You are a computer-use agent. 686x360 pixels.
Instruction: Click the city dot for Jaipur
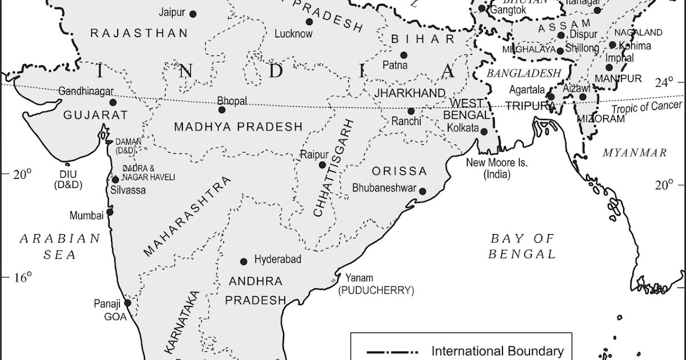coord(193,14)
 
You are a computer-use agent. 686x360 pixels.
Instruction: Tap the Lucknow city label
coord(293,34)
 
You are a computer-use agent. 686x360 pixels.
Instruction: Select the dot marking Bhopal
coord(222,110)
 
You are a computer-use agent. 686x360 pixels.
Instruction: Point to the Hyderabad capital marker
coord(244,261)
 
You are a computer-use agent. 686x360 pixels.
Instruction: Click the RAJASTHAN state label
coord(139,33)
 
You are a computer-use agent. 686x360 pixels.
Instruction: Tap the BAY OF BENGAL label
coord(522,246)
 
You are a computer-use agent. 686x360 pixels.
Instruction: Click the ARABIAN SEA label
coord(59,246)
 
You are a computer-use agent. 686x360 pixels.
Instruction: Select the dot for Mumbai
coord(110,211)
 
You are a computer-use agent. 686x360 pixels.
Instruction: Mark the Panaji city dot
coord(127,303)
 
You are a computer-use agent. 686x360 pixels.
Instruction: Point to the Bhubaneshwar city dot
coord(422,191)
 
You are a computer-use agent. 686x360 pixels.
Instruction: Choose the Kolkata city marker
coord(484,131)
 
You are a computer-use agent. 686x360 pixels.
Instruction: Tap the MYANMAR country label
coord(635,153)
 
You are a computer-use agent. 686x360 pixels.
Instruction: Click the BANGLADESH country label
coord(524,73)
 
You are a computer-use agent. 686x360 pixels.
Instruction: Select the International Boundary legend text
coord(497,351)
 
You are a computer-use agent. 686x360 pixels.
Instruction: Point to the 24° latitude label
coord(664,83)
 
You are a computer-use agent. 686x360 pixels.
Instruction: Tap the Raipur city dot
coord(322,165)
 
